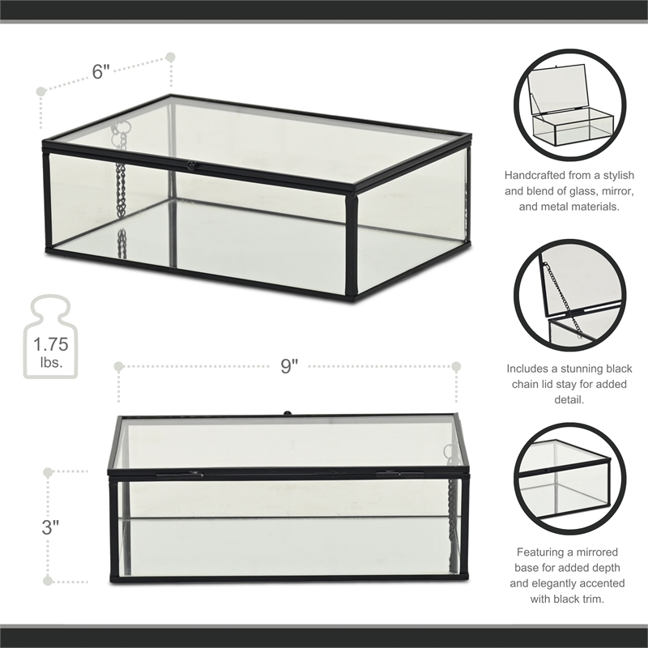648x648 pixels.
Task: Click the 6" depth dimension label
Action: click(x=101, y=71)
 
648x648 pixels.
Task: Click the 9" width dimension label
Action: click(x=289, y=366)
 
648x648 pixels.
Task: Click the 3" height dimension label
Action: click(x=51, y=526)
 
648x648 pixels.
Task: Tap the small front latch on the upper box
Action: click(x=192, y=164)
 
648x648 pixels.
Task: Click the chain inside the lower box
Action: click(x=450, y=518)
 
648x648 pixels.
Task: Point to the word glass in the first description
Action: click(x=578, y=191)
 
